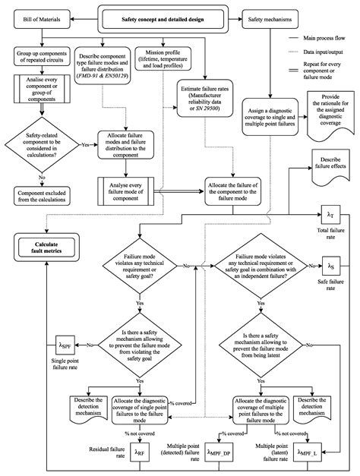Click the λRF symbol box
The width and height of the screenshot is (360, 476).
141,451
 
